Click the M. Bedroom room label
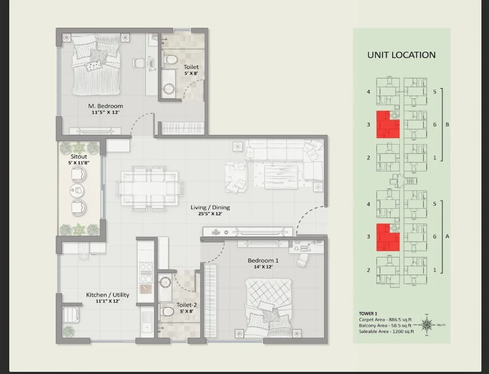[106, 106]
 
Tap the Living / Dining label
[210, 207]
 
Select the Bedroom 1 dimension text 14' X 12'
[263, 267]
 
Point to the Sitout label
[78, 157]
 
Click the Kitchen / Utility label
[108, 295]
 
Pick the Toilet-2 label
[187, 305]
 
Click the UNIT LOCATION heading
[401, 55]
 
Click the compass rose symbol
[426, 325]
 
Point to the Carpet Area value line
[385, 320]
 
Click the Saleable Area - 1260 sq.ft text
[386, 331]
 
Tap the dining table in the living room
[150, 188]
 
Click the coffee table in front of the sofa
[281, 177]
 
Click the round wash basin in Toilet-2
[165, 282]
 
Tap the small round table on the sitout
[77, 190]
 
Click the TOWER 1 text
[368, 314]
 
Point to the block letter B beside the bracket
[447, 124]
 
